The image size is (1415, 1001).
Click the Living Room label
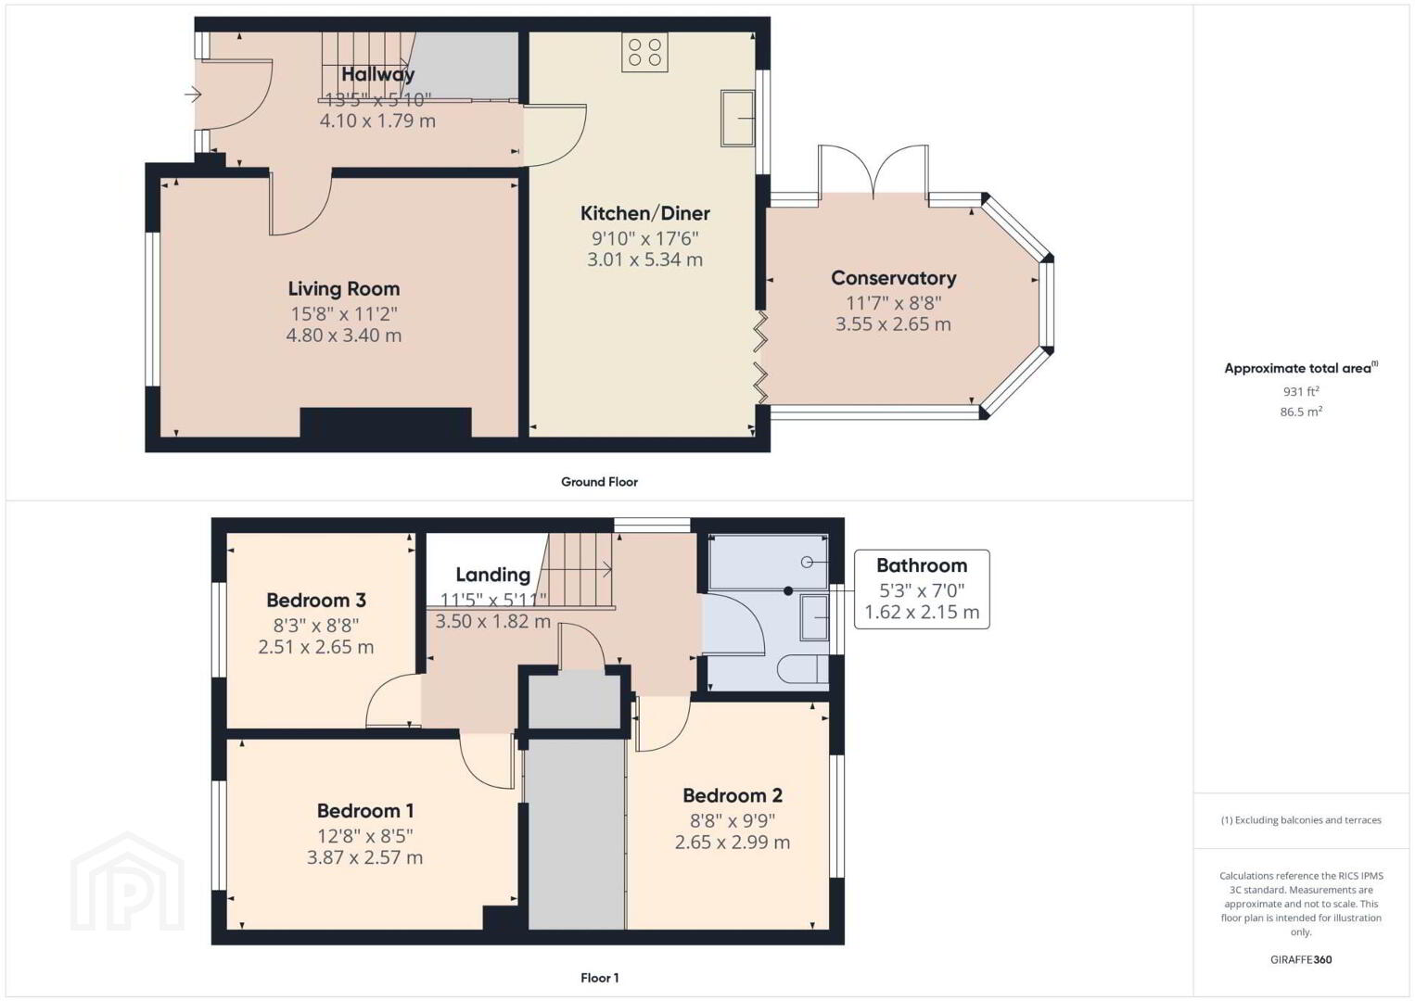pos(344,288)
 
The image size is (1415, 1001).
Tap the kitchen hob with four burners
pos(645,53)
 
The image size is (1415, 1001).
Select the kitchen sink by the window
pos(738,118)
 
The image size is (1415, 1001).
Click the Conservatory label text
pos(893,278)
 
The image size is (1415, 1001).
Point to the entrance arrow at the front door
pos(193,95)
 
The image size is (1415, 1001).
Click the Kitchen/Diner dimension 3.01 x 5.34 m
pos(645,260)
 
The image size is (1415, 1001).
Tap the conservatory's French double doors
pos(873,171)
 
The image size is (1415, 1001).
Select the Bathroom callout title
pos(922,565)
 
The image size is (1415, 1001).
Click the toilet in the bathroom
pos(802,669)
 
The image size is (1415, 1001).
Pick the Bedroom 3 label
pos(316,600)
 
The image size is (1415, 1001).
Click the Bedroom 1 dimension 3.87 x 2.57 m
pos(364,857)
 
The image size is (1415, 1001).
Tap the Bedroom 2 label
pos(733,796)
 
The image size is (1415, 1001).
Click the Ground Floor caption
pos(600,482)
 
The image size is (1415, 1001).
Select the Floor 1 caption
pos(600,978)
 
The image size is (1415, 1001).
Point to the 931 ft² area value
pos(1301,391)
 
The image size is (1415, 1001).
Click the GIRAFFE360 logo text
pos(1301,960)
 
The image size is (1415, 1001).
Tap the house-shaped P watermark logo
pos(127,881)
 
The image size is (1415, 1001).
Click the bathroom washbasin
pos(815,617)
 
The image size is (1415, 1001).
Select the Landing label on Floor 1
pos(492,575)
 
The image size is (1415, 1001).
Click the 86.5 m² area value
pos(1301,412)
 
